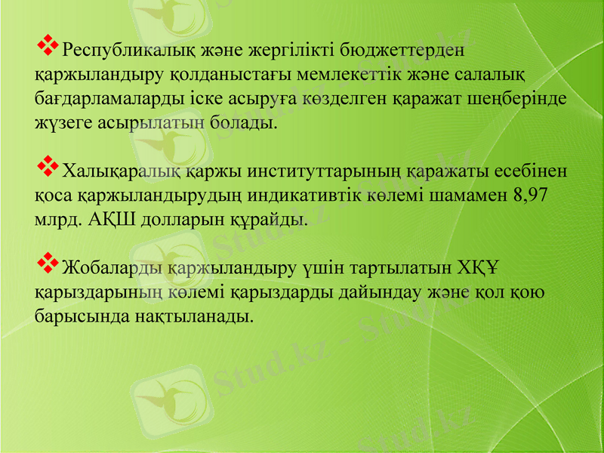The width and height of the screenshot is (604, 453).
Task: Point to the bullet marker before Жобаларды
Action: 48,262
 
